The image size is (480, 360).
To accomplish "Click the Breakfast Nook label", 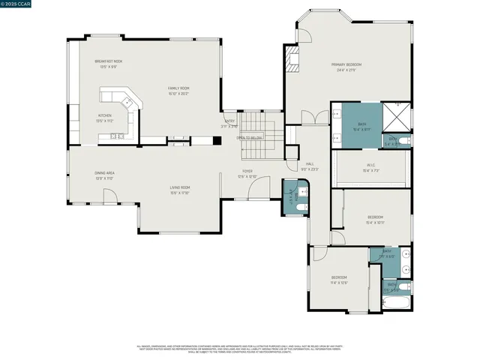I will click(109, 61).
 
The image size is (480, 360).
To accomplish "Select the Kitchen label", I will click(104, 115).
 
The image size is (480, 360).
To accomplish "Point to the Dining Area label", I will click(104, 173).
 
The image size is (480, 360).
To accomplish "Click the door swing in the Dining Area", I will click(109, 198).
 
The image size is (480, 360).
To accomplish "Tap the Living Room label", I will click(179, 187).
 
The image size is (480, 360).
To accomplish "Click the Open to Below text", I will click(250, 138).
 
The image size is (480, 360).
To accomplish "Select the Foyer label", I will click(247, 172).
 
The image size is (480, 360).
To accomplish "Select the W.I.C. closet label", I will click(371, 166).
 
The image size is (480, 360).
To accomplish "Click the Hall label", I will click(310, 163).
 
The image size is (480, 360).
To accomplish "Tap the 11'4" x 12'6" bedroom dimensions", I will click(339, 283).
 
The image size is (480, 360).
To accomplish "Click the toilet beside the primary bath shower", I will click(403, 140).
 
